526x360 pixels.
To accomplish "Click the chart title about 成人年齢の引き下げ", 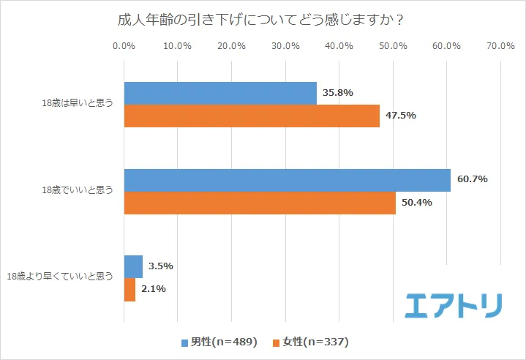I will tap(261, 20).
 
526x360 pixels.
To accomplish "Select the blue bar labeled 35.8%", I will tap(220, 93).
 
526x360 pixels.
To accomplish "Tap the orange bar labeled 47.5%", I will tap(252, 116).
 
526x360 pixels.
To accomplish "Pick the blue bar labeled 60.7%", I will tap(287, 179).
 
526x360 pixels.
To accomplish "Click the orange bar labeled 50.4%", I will tap(260, 203).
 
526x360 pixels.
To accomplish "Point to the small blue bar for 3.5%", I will tap(133, 266).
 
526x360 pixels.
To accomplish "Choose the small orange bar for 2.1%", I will tap(129, 289).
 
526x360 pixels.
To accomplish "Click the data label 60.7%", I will tap(473, 179).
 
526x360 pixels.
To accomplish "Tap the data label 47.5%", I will tap(401, 116).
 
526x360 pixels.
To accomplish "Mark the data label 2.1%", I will tap(154, 289).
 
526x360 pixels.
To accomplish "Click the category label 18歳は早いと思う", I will tap(78, 105).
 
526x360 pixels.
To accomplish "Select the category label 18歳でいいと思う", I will tap(78, 191).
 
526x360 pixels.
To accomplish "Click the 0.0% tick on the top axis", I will tap(124, 45).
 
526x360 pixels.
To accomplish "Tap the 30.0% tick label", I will tap(285, 45).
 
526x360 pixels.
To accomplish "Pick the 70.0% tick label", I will tap(500, 45).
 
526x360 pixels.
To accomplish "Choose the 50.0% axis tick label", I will tap(393, 45).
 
